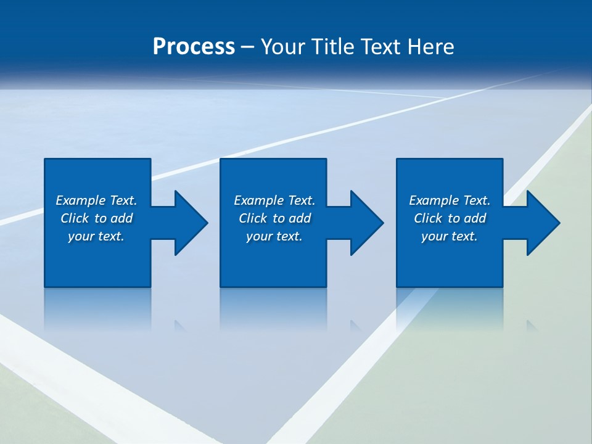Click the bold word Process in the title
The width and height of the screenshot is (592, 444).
(194, 47)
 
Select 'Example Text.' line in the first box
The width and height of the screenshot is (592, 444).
(96, 200)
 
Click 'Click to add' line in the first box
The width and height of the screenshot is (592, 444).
(96, 218)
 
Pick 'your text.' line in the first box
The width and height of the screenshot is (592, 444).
(96, 236)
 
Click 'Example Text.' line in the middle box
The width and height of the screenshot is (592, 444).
(274, 200)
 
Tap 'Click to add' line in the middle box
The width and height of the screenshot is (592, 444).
(274, 218)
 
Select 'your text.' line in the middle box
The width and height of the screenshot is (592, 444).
(274, 236)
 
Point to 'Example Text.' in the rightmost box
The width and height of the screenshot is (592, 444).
(450, 200)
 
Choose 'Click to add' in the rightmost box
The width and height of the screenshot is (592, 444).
(450, 218)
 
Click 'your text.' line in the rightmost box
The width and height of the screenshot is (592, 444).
(450, 236)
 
